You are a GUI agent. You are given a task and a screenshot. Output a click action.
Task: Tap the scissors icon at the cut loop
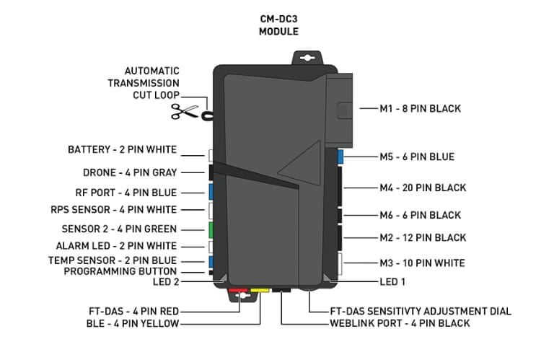pos(184,112)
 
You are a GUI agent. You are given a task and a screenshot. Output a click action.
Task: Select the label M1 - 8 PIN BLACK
pos(420,109)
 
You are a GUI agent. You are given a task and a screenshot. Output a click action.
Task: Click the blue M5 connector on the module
pos(340,157)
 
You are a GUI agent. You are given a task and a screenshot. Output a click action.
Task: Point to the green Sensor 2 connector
pos(210,229)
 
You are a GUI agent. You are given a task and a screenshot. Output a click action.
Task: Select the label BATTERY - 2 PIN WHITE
pos(122,150)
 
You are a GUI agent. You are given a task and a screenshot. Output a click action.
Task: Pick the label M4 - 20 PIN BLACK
pos(423,188)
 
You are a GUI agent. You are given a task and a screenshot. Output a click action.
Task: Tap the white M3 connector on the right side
pos(340,263)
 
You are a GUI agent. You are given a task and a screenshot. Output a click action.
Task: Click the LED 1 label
pos(394,281)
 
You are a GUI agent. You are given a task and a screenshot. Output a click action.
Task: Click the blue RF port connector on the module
pos(210,191)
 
